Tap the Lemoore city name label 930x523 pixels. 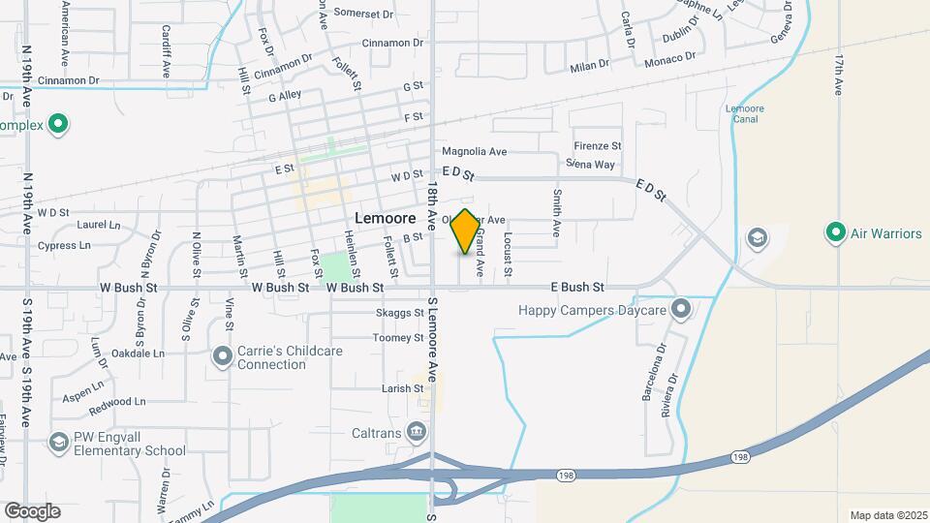386,218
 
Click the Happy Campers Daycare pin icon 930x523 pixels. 681,310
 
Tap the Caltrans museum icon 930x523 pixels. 417,430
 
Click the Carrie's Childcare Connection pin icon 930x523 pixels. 223,357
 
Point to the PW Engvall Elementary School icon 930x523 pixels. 59,443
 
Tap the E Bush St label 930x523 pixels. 577,288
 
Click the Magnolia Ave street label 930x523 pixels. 475,152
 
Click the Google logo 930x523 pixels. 32,510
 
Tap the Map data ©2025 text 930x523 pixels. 887,514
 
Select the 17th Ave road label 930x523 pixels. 838,75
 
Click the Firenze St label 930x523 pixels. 597,146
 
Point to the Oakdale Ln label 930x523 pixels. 137,354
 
